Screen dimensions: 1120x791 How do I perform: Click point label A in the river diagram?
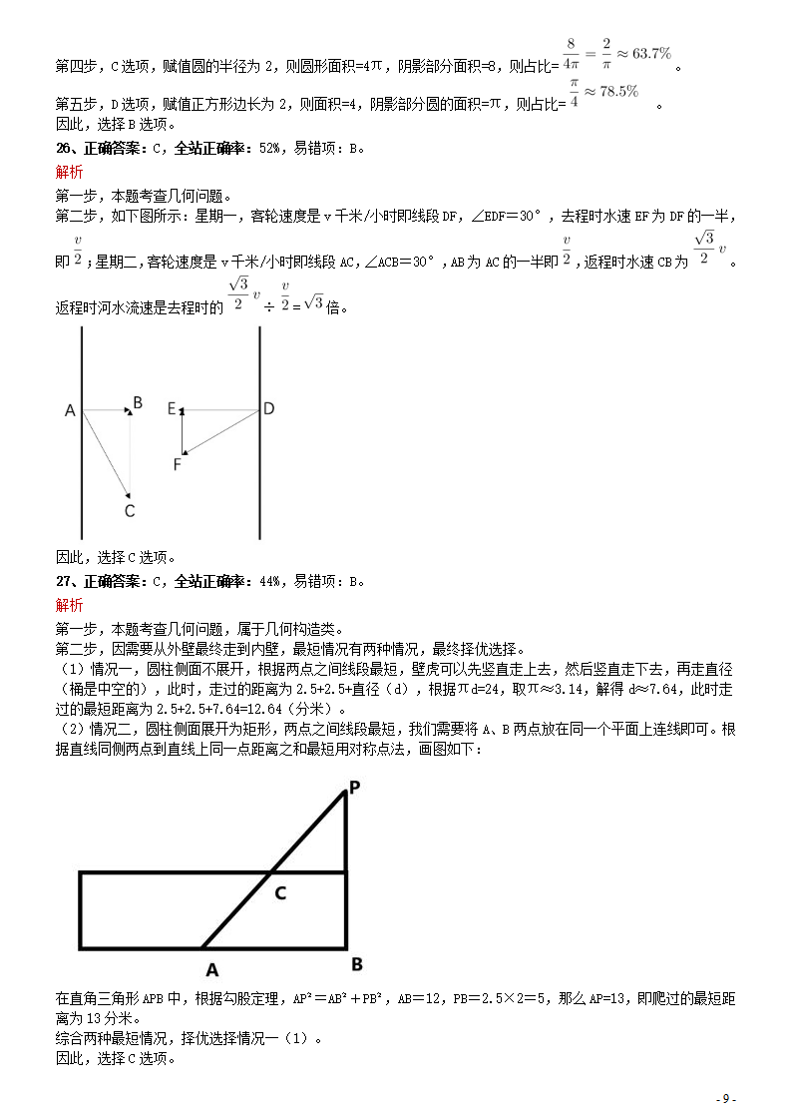pyautogui.click(x=70, y=410)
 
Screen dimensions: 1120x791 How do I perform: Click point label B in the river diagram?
pyautogui.click(x=138, y=402)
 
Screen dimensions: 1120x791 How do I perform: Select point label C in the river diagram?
pyautogui.click(x=129, y=511)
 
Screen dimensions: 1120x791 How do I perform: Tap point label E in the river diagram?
pyautogui.click(x=172, y=408)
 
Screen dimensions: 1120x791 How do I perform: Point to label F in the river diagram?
pyautogui.click(x=178, y=464)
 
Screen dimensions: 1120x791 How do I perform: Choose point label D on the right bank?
pyautogui.click(x=268, y=408)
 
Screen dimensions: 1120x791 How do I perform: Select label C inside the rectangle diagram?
pyautogui.click(x=280, y=893)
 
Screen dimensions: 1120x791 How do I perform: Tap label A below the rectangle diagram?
pyautogui.click(x=211, y=968)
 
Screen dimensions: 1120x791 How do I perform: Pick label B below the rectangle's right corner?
pyautogui.click(x=356, y=964)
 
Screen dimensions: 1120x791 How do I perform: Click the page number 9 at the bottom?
pyautogui.click(x=726, y=1099)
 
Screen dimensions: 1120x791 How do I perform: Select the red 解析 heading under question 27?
pyautogui.click(x=69, y=605)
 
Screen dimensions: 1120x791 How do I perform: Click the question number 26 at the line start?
pyautogui.click(x=62, y=150)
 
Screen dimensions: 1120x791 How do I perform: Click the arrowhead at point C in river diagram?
pyautogui.click(x=128, y=491)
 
